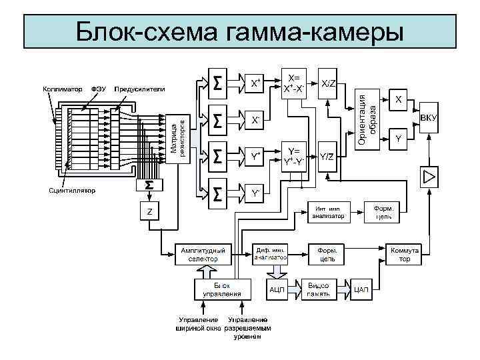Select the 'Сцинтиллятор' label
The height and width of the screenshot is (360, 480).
click(x=72, y=191)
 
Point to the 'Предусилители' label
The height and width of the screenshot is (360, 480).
click(x=140, y=88)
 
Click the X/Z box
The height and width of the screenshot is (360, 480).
click(x=329, y=83)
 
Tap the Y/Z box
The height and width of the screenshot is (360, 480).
click(x=327, y=157)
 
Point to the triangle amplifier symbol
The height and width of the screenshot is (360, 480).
click(x=429, y=177)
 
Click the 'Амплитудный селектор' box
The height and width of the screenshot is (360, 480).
click(x=203, y=255)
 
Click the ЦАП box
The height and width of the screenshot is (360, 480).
click(x=361, y=289)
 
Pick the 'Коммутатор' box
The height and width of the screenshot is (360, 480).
click(x=404, y=255)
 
